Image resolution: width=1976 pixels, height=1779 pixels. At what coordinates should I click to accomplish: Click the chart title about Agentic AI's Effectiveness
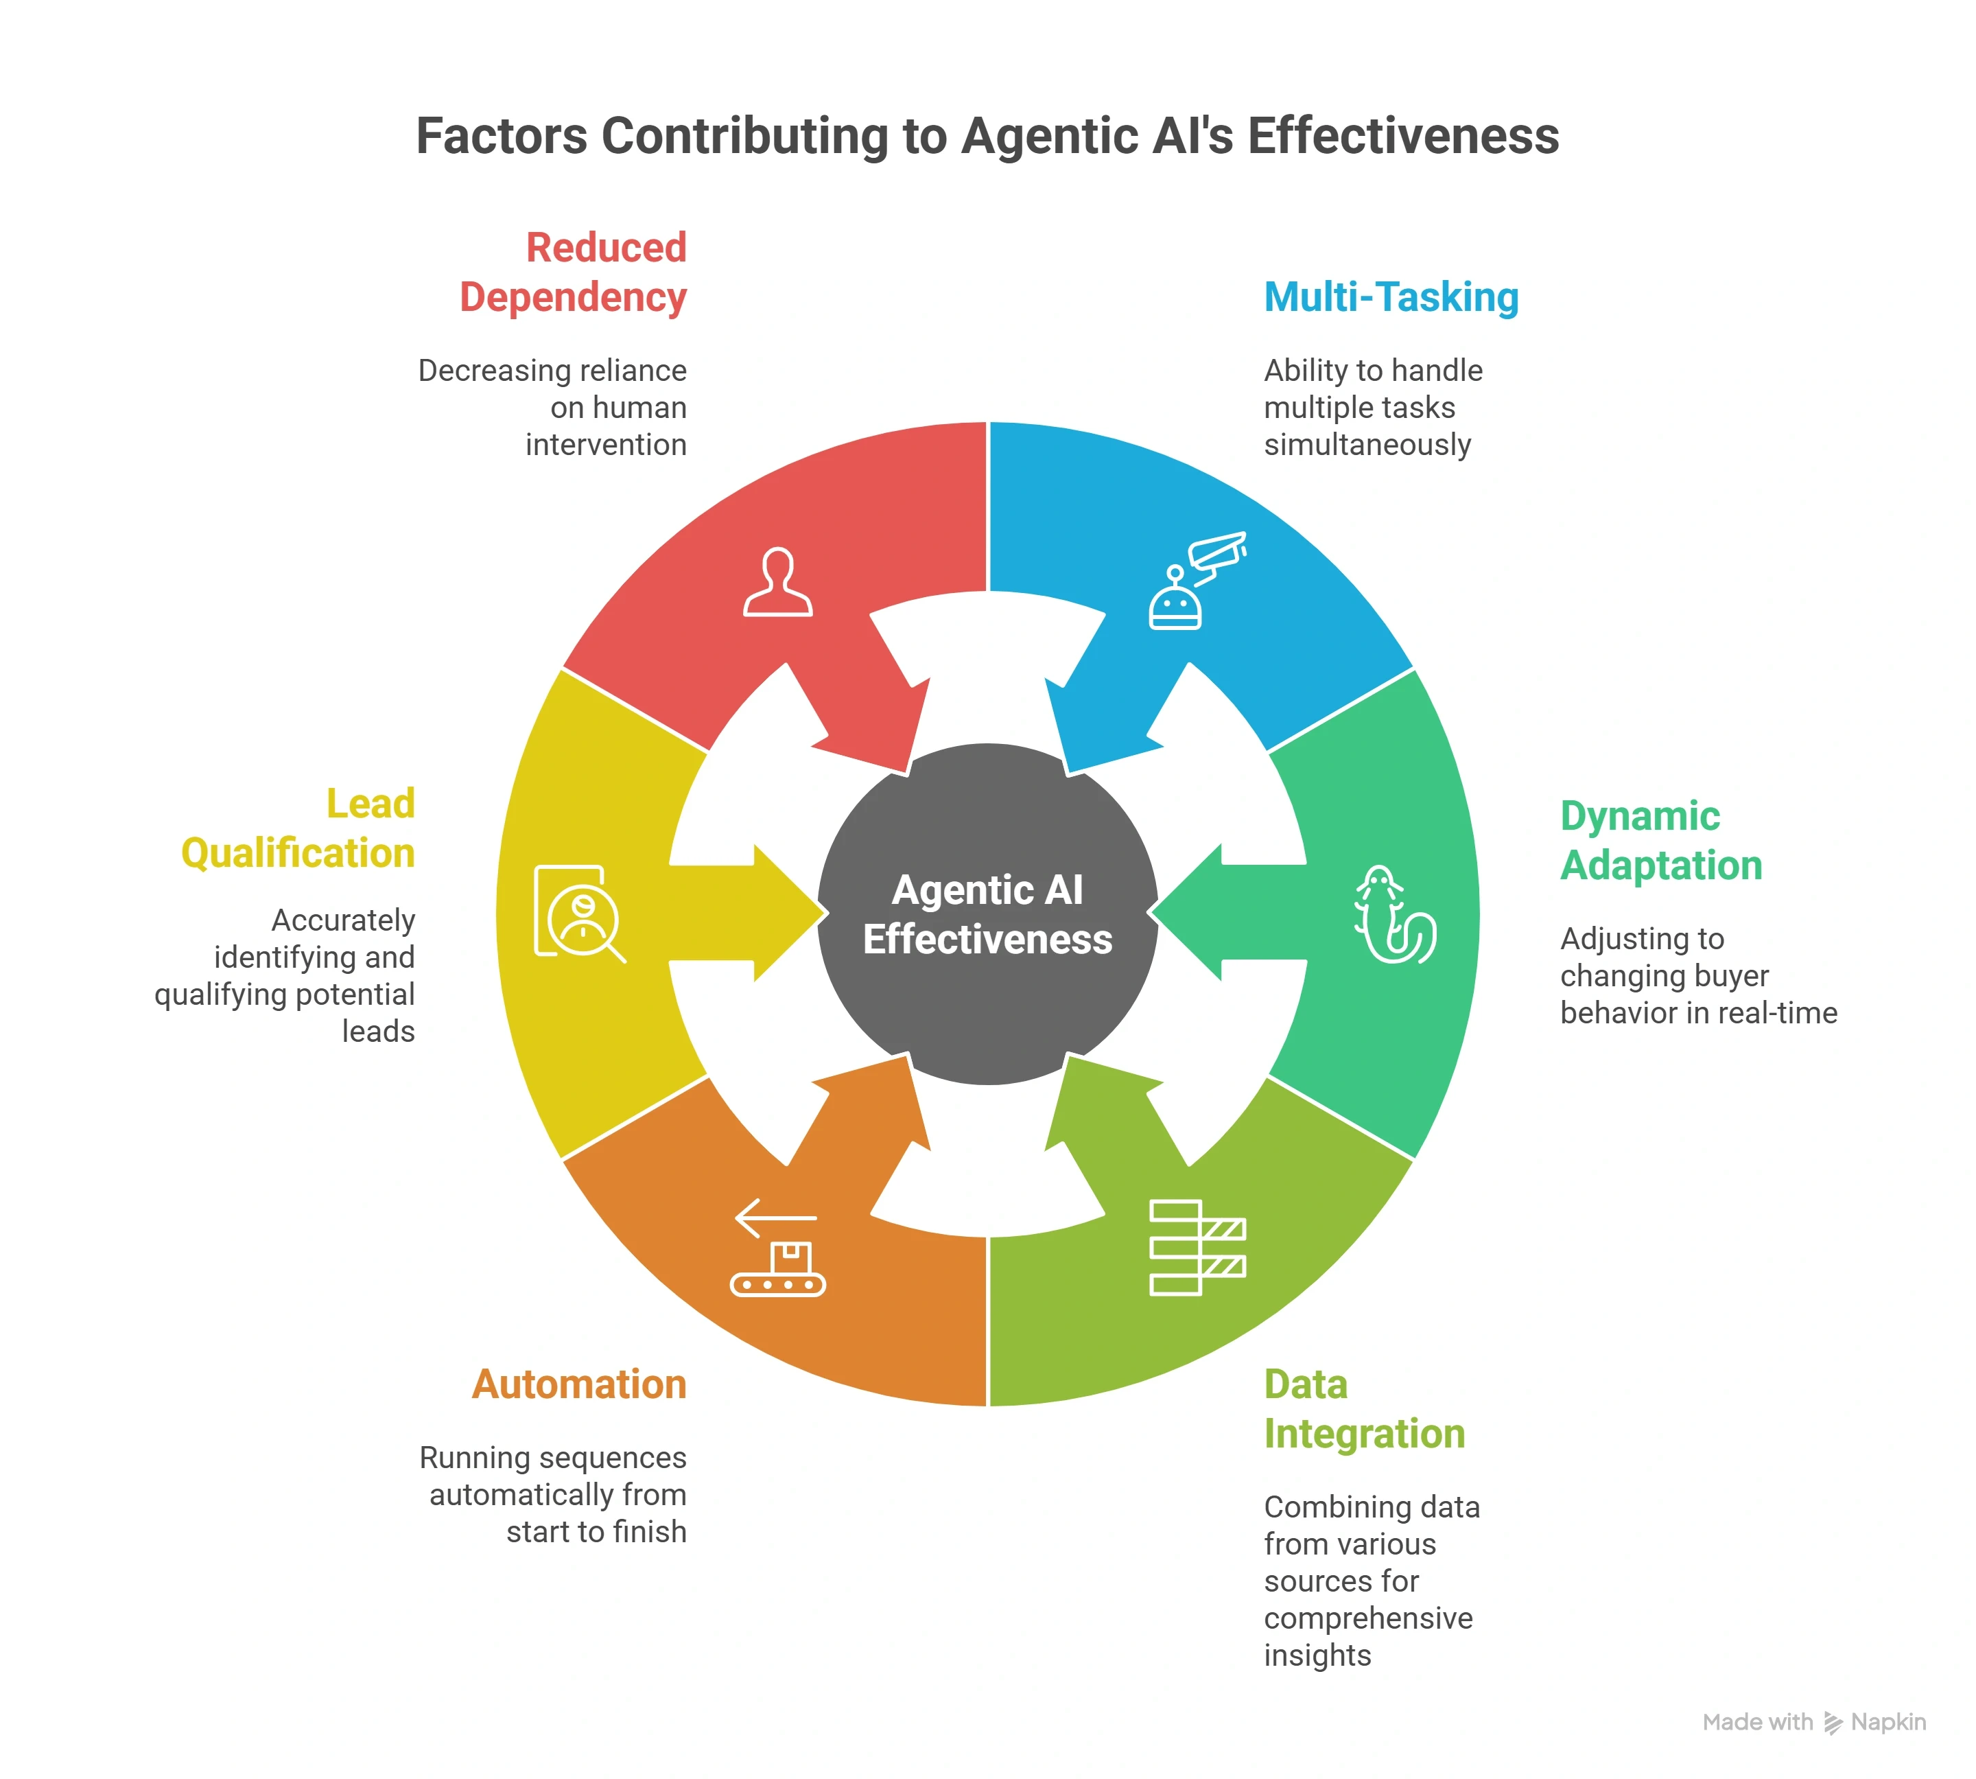pyautogui.click(x=987, y=136)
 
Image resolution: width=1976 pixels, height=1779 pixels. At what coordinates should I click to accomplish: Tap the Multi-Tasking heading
pyautogui.click(x=1391, y=297)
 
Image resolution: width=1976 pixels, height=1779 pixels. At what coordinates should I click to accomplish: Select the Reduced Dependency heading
pyautogui.click(x=574, y=272)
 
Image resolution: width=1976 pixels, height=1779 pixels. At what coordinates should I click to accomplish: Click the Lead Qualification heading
pyautogui.click(x=298, y=829)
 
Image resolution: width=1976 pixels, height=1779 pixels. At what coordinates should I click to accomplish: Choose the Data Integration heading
pyautogui.click(x=1363, y=1408)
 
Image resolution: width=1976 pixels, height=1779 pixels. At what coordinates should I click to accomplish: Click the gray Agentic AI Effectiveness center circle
pyautogui.click(x=987, y=914)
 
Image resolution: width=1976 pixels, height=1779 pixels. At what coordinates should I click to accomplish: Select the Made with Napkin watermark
pyautogui.click(x=1814, y=1722)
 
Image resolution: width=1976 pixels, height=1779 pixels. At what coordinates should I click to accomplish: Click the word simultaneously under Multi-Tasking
pyautogui.click(x=1367, y=445)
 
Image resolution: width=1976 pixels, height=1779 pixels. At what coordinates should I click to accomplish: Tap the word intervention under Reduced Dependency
pyautogui.click(x=606, y=445)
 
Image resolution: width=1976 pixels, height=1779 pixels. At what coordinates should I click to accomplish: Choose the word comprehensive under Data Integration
pyautogui.click(x=1368, y=1618)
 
